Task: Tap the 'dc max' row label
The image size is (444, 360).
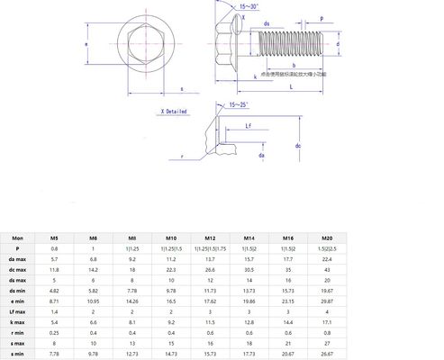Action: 17,268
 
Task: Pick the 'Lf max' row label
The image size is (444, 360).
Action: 17,310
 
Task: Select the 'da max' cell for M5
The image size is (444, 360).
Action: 54,258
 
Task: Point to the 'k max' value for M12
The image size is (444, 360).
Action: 210,320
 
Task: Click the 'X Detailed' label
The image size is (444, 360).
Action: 174,112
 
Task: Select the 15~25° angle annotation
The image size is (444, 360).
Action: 240,105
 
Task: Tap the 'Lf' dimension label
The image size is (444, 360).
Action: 247,127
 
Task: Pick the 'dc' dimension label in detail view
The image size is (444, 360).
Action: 297,144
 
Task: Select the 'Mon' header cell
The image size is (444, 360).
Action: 17,237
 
